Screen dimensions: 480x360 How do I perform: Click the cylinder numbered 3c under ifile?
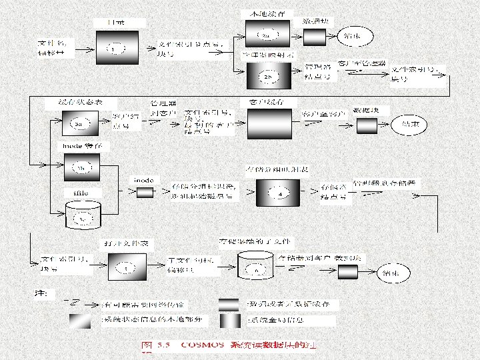pos(83,215)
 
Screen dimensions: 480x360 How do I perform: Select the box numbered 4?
pos(280,193)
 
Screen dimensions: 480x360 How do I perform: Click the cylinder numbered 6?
pos(257,268)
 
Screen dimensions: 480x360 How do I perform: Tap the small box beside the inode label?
pos(145,193)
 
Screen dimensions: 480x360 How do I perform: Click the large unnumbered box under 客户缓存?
pos(270,123)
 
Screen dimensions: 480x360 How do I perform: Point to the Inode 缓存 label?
pos(82,145)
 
